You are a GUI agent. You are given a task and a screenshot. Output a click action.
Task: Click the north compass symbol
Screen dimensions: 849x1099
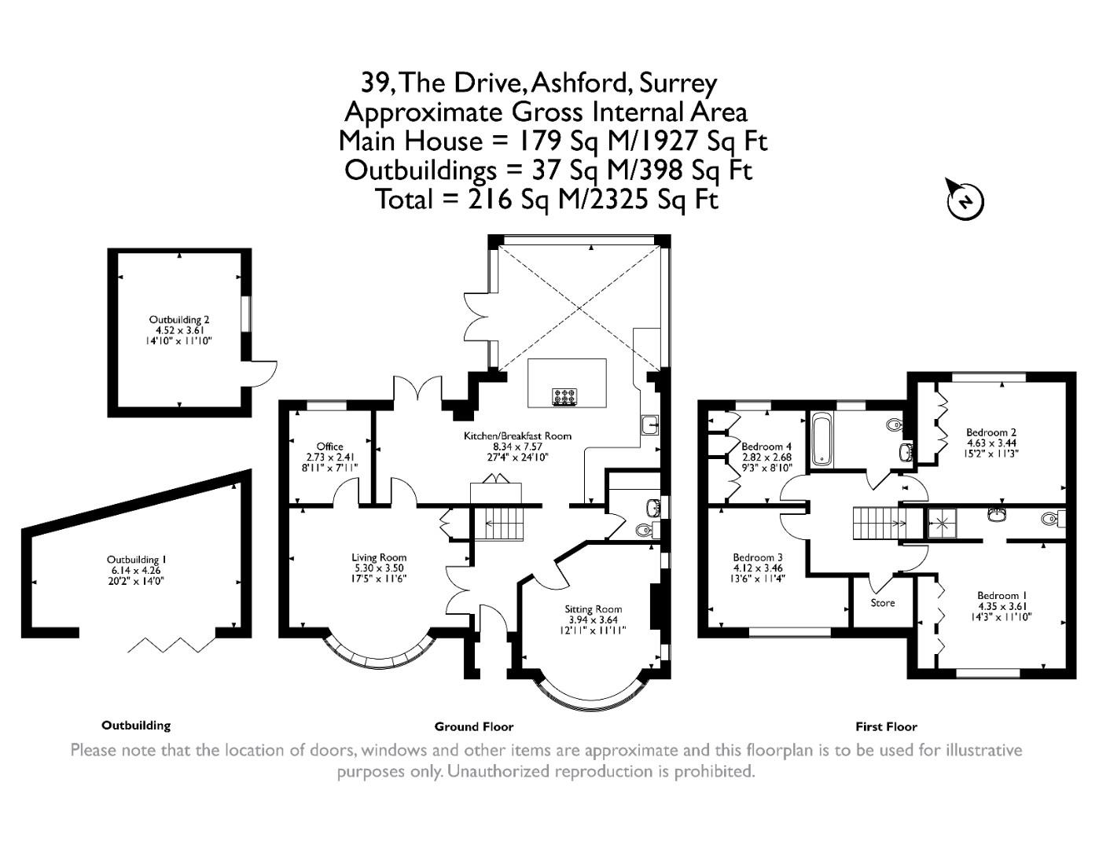coord(965,200)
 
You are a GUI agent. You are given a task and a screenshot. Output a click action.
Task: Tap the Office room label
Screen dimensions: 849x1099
coord(329,447)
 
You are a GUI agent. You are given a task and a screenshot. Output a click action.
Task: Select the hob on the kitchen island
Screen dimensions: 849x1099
coord(565,397)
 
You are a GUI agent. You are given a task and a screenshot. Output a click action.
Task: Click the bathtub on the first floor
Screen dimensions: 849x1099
coord(821,438)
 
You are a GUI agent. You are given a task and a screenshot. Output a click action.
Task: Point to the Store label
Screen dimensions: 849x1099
coord(882,603)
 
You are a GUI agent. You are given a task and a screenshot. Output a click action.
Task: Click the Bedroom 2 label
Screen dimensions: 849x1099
coord(991,432)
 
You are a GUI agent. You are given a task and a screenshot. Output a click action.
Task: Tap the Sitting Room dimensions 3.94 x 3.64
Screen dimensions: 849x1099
coord(593,619)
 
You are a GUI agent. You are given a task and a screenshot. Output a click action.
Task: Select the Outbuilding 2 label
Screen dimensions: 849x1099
coord(179,320)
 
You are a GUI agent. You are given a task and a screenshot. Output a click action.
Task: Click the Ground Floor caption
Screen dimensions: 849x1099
coord(473,726)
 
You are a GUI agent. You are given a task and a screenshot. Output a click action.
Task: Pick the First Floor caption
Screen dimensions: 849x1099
coord(886,726)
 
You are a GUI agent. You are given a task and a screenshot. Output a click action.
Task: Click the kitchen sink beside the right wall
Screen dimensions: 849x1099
coord(649,425)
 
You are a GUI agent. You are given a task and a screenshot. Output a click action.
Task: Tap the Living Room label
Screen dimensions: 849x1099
coord(379,557)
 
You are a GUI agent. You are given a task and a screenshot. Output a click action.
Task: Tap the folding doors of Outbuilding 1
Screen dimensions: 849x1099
coord(171,645)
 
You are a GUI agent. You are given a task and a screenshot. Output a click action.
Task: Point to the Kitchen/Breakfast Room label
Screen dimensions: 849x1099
coord(517,436)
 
